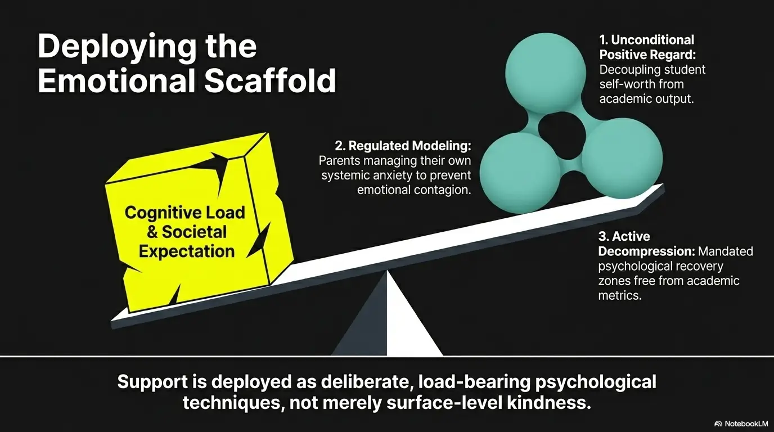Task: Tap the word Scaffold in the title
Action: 270,82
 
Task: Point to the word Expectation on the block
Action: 186,251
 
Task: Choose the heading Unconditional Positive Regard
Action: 647,47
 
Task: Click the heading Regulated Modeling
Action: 403,146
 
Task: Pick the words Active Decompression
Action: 647,244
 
